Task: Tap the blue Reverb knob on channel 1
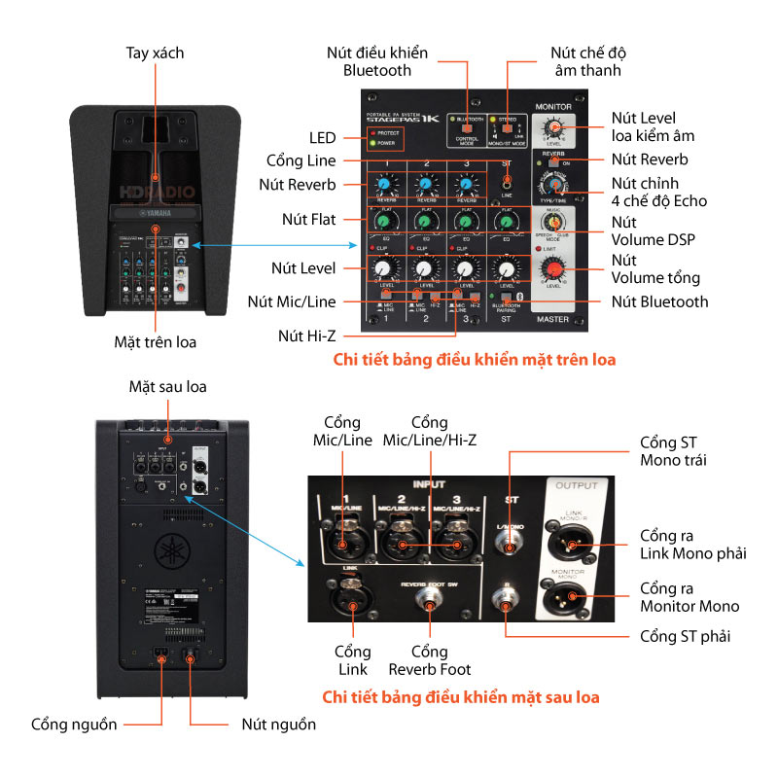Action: pyautogui.click(x=383, y=183)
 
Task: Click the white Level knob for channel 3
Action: pyautogui.click(x=465, y=268)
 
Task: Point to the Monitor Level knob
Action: pyautogui.click(x=553, y=128)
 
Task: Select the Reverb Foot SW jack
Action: pyautogui.click(x=425, y=607)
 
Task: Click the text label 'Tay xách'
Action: pyautogui.click(x=155, y=53)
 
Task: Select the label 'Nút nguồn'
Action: pyautogui.click(x=278, y=725)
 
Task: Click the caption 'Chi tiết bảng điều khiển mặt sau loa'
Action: pyautogui.click(x=460, y=697)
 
